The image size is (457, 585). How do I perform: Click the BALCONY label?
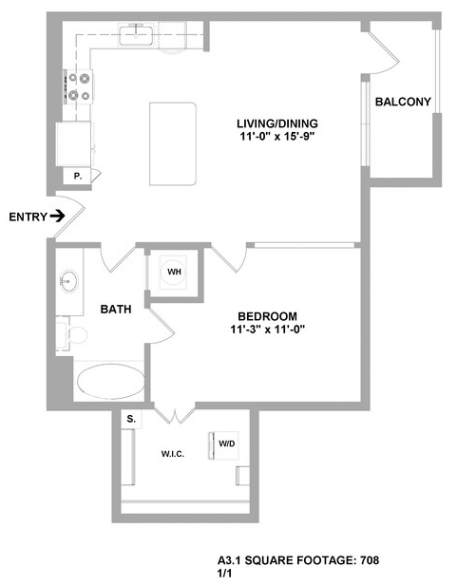pos(403,102)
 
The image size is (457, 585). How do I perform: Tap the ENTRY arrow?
pos(58,216)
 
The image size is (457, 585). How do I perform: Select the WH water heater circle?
pos(173,272)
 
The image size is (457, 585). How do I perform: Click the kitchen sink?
pos(136,35)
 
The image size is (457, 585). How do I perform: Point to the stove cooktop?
pos(79,87)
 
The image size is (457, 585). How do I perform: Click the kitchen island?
pos(173,144)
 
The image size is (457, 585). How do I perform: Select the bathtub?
pos(111,382)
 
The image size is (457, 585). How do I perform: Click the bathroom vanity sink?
pos(69,281)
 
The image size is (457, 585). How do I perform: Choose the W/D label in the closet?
pos(227,443)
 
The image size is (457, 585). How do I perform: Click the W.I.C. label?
pos(173,454)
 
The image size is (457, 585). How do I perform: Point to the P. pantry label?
pos(78,176)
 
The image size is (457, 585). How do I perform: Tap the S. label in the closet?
pos(131,419)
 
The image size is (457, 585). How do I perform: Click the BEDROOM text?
pos(267,316)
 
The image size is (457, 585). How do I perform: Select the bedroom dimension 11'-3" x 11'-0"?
pos(268,330)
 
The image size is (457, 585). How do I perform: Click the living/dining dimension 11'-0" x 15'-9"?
pos(277,137)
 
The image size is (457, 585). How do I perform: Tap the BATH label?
pos(116,309)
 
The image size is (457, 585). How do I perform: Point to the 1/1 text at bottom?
pos(224,573)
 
